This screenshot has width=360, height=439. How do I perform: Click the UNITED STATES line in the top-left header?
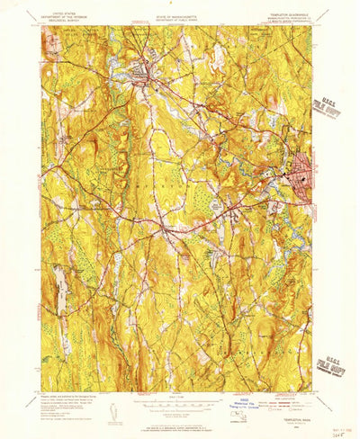tap(66, 14)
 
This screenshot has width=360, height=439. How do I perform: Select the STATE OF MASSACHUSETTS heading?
tap(180, 14)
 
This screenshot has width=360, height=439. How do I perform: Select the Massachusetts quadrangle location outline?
tap(264, 414)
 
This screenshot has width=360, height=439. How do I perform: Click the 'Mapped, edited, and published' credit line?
tap(67, 398)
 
